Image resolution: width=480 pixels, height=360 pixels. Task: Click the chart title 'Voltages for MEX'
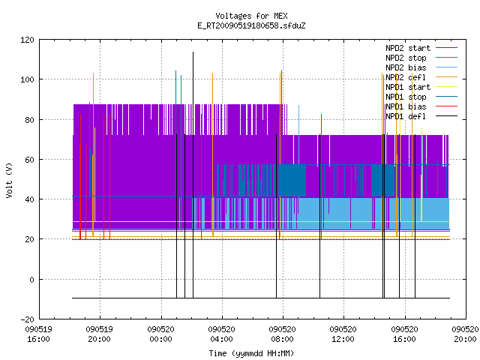pyautogui.click(x=251, y=16)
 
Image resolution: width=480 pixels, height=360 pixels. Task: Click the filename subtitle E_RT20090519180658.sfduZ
pyautogui.click(x=251, y=25)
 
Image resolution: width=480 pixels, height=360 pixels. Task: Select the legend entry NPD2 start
pyautogui.click(x=408, y=48)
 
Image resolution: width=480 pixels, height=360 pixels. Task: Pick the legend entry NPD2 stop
pyautogui.click(x=406, y=58)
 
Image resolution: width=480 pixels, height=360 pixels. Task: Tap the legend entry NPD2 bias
pyautogui.click(x=406, y=67)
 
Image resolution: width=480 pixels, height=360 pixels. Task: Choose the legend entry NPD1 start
pyautogui.click(x=408, y=87)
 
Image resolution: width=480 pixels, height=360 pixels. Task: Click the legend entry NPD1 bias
pyautogui.click(x=406, y=106)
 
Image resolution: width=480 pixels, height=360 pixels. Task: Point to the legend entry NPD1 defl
pyautogui.click(x=406, y=116)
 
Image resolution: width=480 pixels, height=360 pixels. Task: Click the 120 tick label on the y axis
pyautogui.click(x=27, y=40)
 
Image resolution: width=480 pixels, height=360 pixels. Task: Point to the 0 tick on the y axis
pyautogui.click(x=31, y=280)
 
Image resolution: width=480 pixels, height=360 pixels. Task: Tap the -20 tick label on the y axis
pyautogui.click(x=27, y=319)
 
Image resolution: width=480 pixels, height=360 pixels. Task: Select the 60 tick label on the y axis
pyautogui.click(x=29, y=160)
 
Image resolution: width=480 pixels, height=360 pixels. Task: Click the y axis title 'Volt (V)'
pyautogui.click(x=10, y=180)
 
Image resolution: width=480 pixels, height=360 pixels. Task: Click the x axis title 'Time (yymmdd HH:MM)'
pyautogui.click(x=251, y=353)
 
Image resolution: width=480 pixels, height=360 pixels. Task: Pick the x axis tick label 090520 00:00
pyautogui.click(x=160, y=334)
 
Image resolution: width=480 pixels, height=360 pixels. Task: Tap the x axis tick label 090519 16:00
pyautogui.click(x=38, y=334)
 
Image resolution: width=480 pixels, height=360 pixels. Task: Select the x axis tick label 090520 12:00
pyautogui.click(x=343, y=334)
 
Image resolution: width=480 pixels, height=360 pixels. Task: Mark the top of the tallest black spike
pyautogui.click(x=193, y=52)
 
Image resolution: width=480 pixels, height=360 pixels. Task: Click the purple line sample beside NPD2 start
pyautogui.click(x=447, y=48)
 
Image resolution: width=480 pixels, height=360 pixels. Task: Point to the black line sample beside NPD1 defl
pyautogui.click(x=447, y=116)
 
